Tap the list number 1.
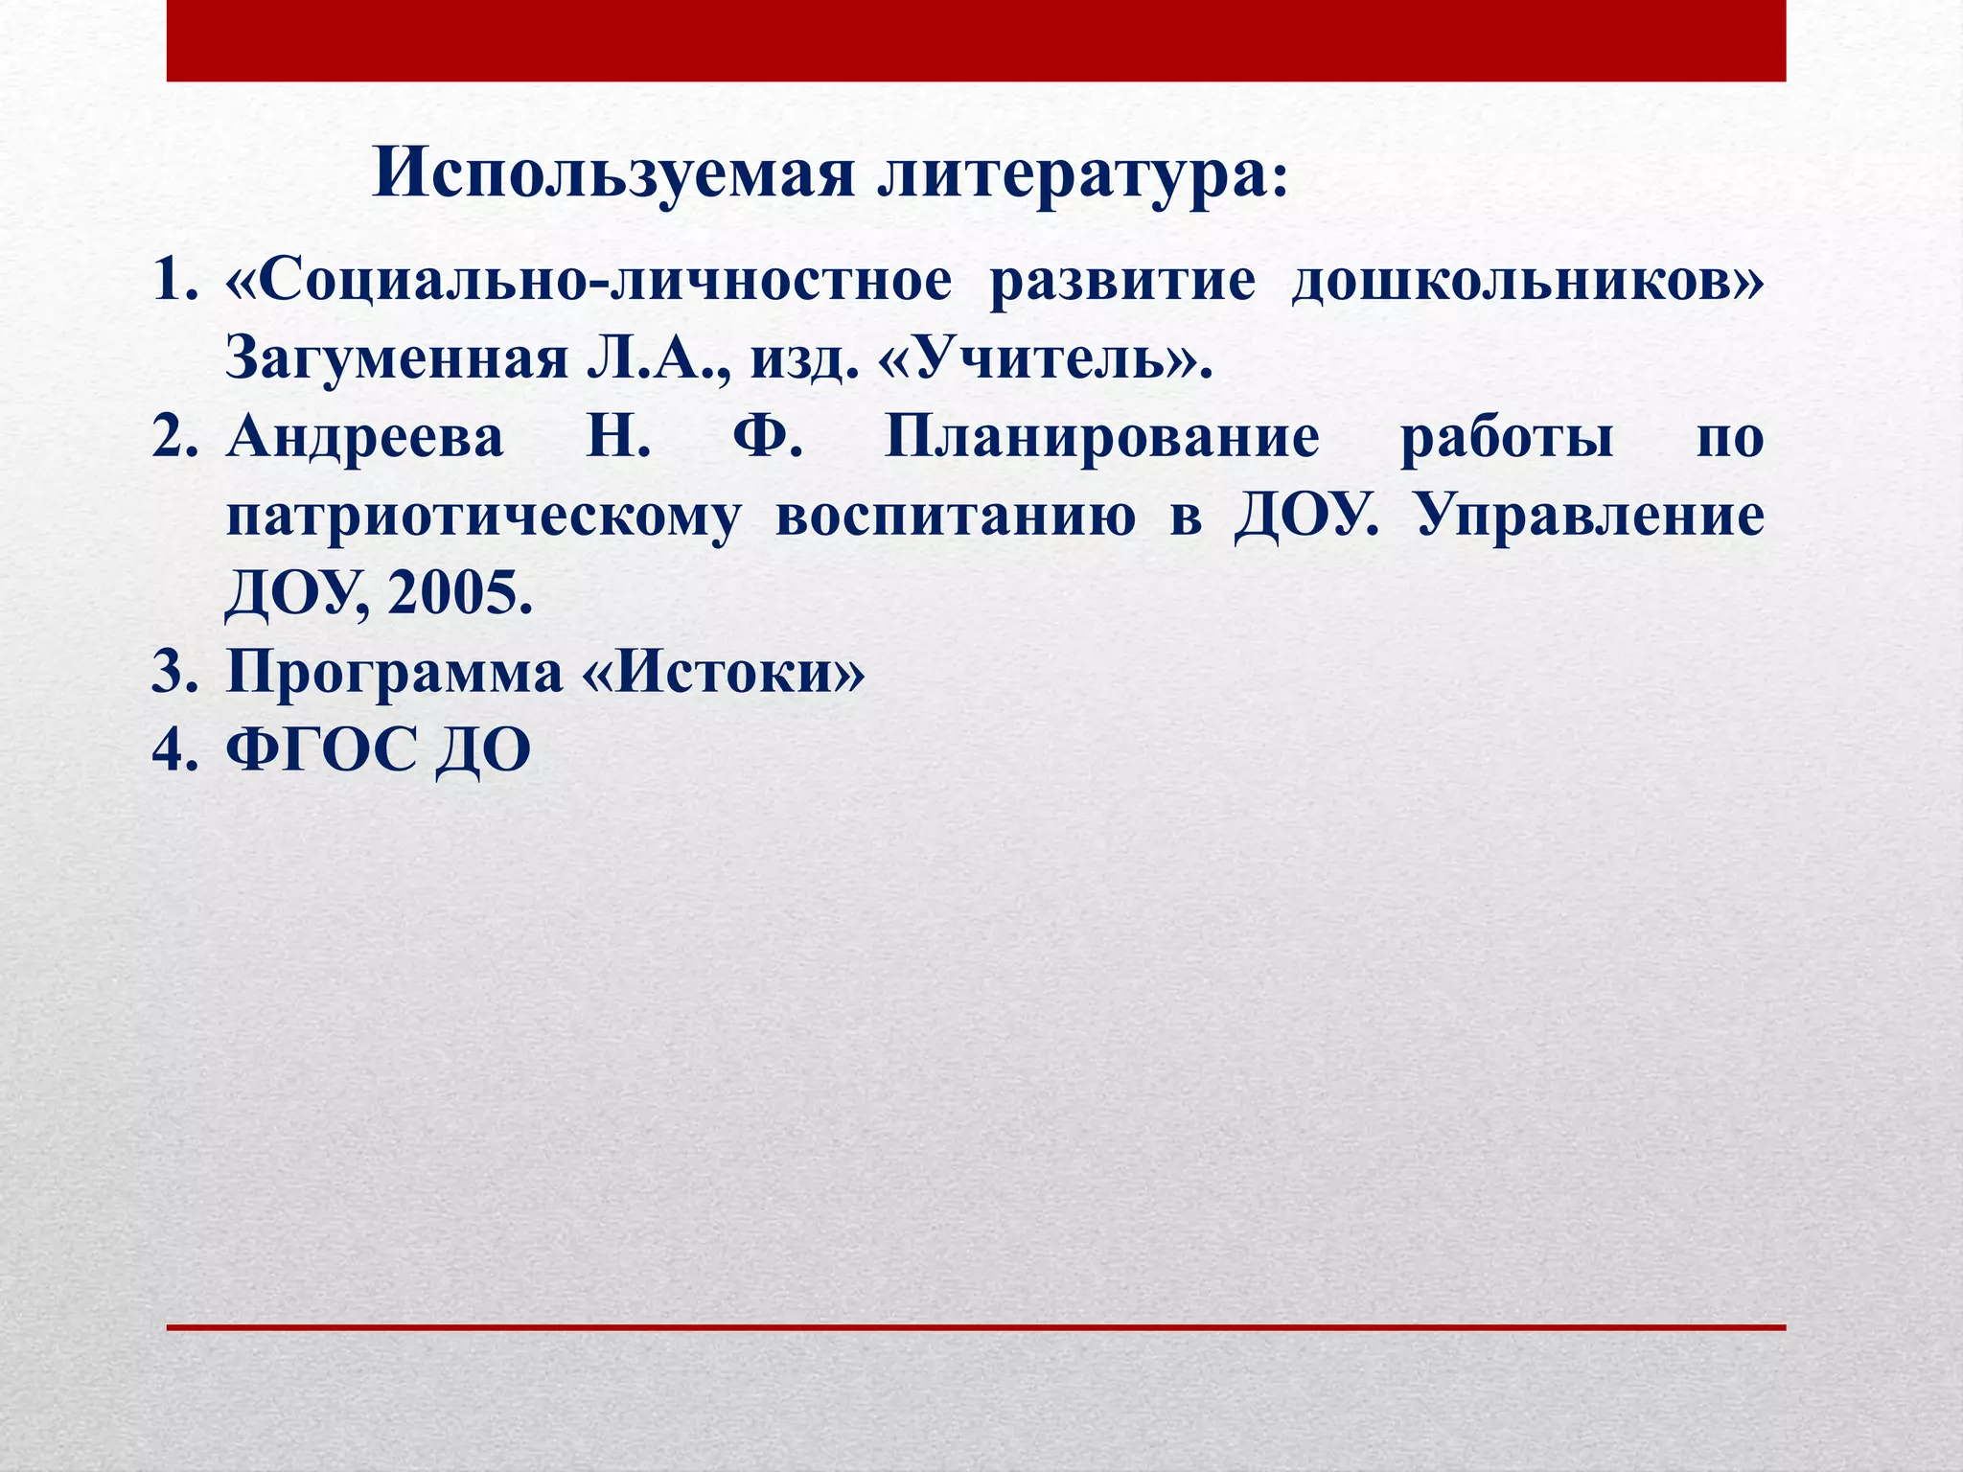(x=173, y=283)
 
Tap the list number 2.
(x=173, y=439)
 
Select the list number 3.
(x=173, y=674)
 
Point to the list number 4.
(x=173, y=751)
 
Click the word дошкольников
(x=1524, y=283)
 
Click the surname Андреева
(x=365, y=439)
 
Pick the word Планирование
(x=1101, y=439)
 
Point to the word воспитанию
(x=954, y=517)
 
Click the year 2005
(x=458, y=595)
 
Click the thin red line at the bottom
(x=976, y=1327)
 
